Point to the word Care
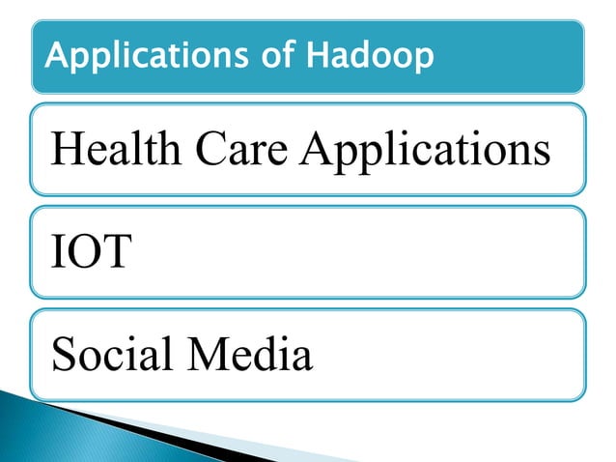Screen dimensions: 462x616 click(248, 152)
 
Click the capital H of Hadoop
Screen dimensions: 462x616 click(316, 57)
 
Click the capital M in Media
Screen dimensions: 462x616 click(207, 355)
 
